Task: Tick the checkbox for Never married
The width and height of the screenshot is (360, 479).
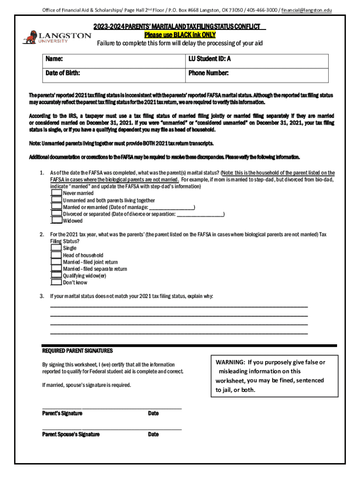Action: (56, 193)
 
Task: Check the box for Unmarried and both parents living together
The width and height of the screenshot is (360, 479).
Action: (56, 200)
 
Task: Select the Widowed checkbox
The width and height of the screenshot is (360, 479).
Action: (56, 220)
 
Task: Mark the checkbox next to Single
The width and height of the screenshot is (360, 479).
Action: (56, 248)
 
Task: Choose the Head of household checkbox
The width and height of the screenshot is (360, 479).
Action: (56, 255)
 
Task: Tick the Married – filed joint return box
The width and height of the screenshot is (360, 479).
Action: (56, 262)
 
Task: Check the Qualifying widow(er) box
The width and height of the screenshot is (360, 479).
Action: (56, 276)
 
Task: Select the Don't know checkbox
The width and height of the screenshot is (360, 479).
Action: (56, 283)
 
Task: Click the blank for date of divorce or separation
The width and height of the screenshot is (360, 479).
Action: (201, 214)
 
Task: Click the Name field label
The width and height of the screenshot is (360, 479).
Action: (54, 59)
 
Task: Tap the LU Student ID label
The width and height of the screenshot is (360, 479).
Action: (209, 59)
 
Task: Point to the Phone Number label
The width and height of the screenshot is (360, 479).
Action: (208, 73)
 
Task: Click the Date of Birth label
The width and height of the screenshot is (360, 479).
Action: (63, 73)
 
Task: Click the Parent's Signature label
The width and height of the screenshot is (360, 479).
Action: (62, 414)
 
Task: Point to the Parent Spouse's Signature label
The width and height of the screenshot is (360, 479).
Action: (71, 435)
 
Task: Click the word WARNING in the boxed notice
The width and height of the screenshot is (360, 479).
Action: (230, 362)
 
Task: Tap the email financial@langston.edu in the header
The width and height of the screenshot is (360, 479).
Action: (306, 10)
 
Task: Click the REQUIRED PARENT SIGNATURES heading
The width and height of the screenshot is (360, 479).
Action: (78, 351)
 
